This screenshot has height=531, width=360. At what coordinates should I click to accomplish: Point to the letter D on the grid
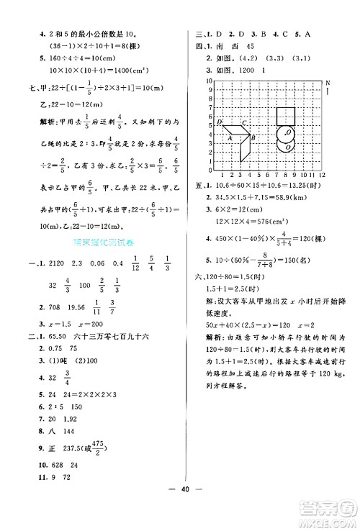click(x=219, y=123)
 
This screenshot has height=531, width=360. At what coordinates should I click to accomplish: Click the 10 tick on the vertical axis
click(x=212, y=81)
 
